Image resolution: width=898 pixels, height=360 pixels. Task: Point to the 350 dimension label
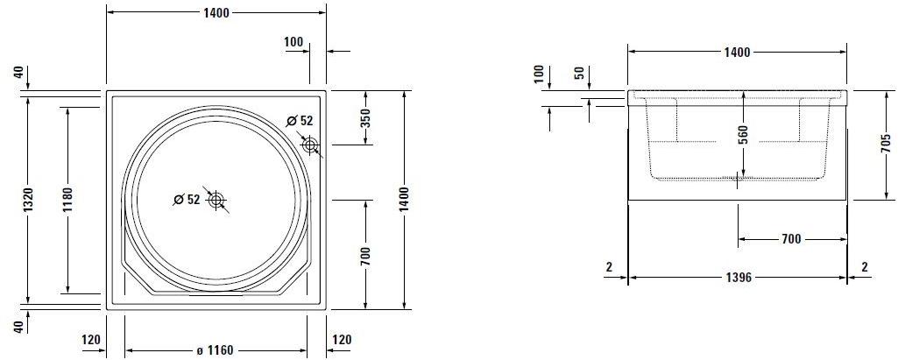coord(366,117)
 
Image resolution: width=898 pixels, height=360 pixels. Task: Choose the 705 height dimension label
coord(886,145)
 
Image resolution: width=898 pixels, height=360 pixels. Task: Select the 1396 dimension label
coord(738,279)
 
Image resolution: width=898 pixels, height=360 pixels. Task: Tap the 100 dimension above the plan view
coord(294,42)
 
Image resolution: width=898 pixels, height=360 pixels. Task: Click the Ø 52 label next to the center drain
coord(187,200)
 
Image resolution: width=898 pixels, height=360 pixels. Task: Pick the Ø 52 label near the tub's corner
coord(300,121)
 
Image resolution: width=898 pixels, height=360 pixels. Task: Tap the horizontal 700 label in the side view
coord(792,238)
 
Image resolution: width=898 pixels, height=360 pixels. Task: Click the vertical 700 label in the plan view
coord(366,256)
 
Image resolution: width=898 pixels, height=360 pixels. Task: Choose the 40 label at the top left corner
coord(18,74)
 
